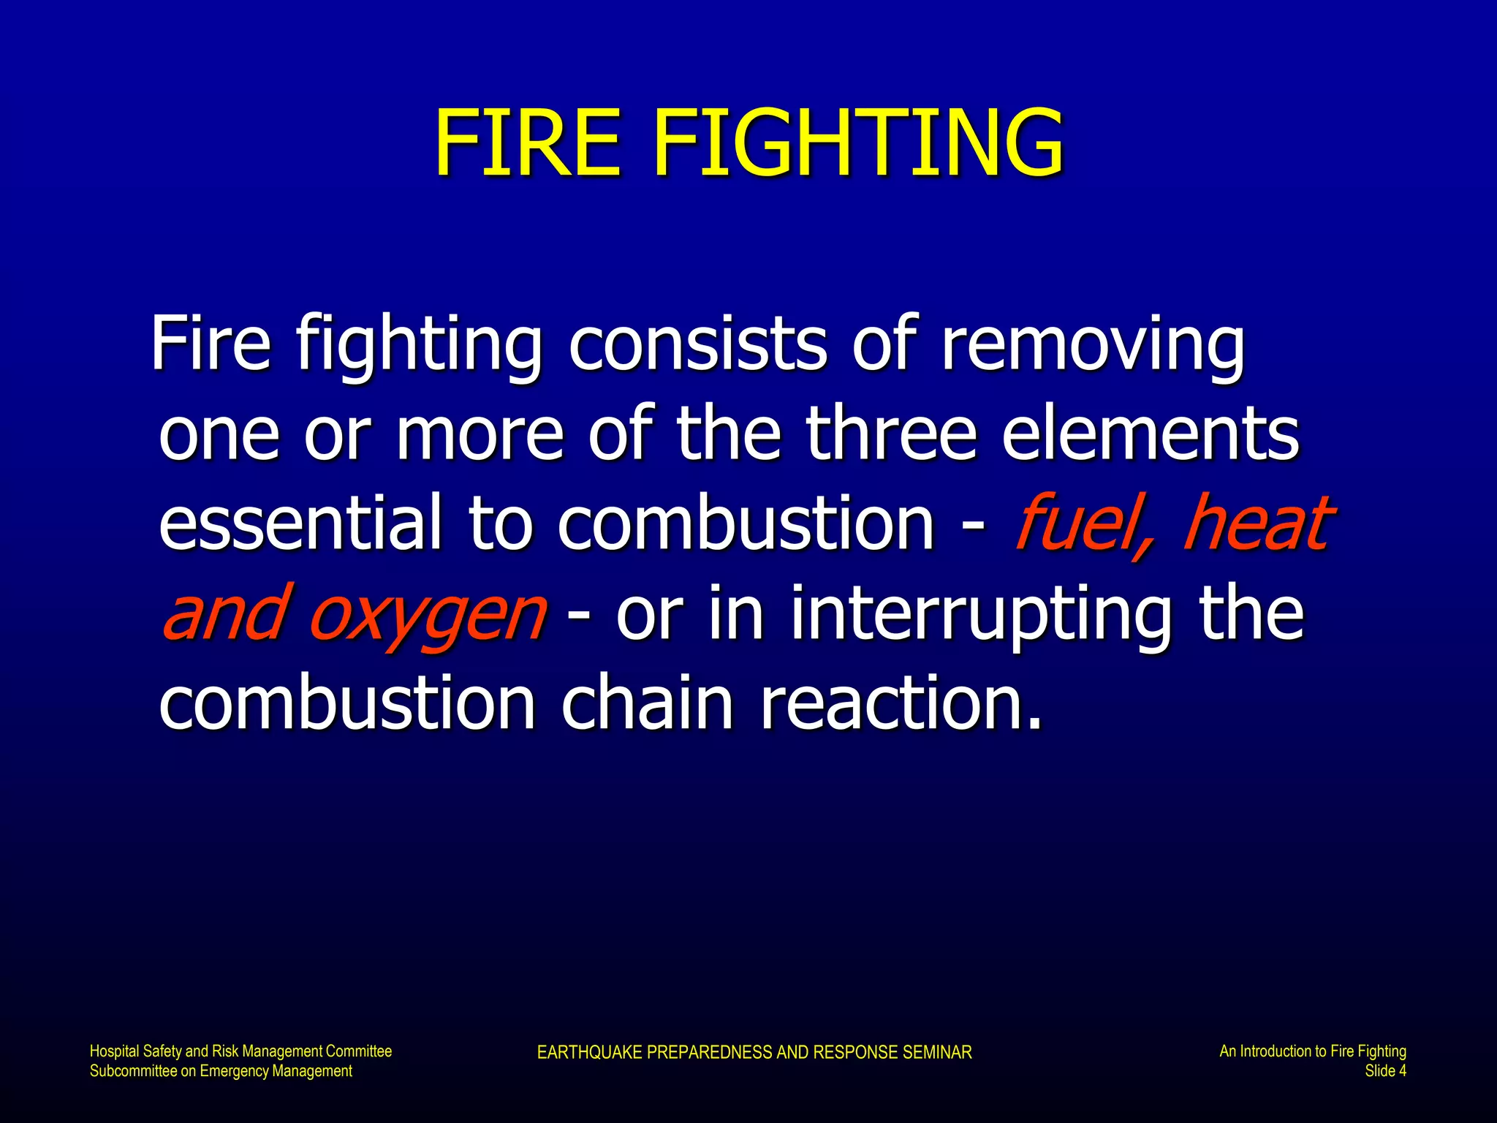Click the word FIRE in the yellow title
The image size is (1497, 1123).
click(x=527, y=143)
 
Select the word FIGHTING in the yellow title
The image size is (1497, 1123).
click(x=858, y=143)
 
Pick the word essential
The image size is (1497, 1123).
click(x=300, y=522)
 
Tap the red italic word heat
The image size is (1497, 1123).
click(x=1257, y=522)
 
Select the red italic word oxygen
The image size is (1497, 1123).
click(x=427, y=614)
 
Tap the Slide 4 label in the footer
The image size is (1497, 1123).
click(x=1385, y=1071)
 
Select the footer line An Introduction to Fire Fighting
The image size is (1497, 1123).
click(x=1312, y=1051)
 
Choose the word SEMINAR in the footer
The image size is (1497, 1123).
click(x=937, y=1052)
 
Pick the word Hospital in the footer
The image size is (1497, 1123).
click(x=114, y=1051)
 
